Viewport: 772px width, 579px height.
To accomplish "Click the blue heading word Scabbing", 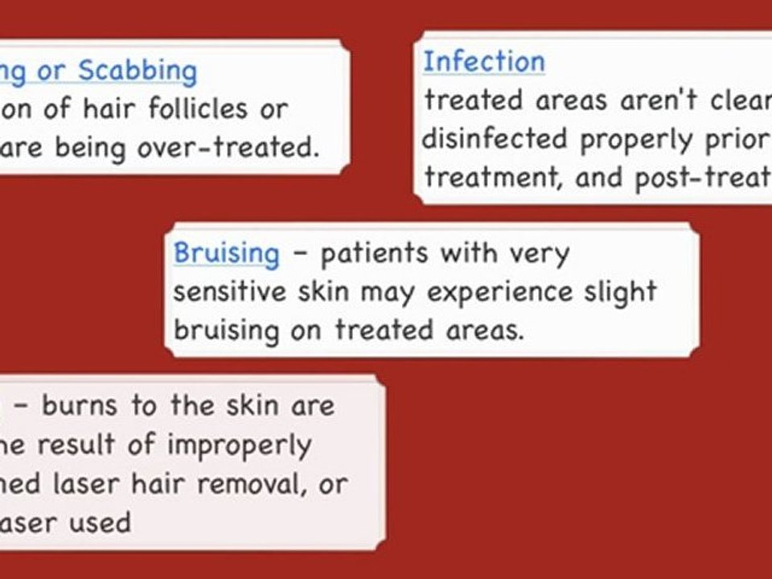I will [138, 72].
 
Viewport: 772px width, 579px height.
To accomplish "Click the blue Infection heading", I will [484, 62].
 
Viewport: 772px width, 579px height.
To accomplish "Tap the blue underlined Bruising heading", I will [227, 253].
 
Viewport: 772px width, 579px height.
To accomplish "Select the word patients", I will [374, 253].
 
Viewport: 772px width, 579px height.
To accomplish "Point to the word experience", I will [492, 291].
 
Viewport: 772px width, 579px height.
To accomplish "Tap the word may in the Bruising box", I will [389, 291].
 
